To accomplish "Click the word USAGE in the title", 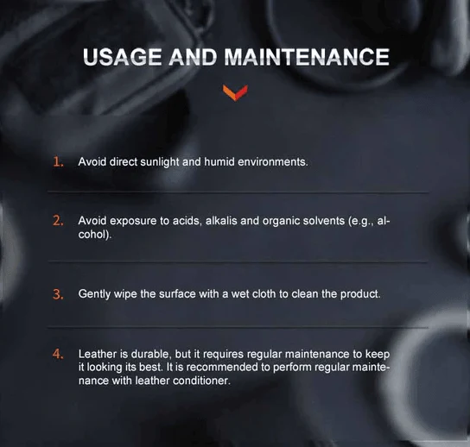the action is [122, 57].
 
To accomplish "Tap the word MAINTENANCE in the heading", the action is [307, 57].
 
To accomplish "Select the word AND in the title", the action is [193, 57].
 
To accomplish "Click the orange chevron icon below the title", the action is [235, 92].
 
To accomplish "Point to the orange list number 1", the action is [58, 162].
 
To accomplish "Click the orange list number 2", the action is [58, 221].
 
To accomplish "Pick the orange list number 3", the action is [58, 294].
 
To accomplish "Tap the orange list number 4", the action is [58, 354].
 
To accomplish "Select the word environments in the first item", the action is [272, 162].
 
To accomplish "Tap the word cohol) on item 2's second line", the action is [95, 235].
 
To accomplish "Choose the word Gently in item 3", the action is [94, 294].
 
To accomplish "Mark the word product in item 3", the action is [360, 294].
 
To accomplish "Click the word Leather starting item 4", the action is [98, 354].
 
